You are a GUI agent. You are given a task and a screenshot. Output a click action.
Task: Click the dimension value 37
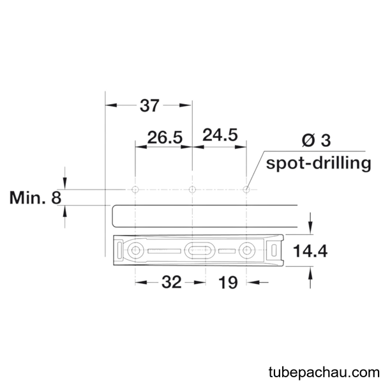click(x=149, y=105)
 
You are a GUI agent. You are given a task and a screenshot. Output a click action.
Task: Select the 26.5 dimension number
click(x=165, y=137)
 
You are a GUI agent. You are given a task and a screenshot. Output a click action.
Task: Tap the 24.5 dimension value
click(x=220, y=135)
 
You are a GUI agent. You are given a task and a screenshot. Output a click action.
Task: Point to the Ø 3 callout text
click(x=317, y=140)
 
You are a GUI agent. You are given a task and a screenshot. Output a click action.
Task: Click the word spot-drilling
click(x=319, y=163)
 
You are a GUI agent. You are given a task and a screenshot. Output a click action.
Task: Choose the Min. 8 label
click(x=35, y=198)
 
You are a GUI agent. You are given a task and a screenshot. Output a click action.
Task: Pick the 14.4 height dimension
click(x=310, y=251)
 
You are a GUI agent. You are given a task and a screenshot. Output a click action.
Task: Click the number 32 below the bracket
click(x=172, y=282)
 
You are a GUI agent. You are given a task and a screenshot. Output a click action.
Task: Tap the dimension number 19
click(x=228, y=283)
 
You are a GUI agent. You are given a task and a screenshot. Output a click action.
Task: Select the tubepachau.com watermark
click(x=324, y=373)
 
